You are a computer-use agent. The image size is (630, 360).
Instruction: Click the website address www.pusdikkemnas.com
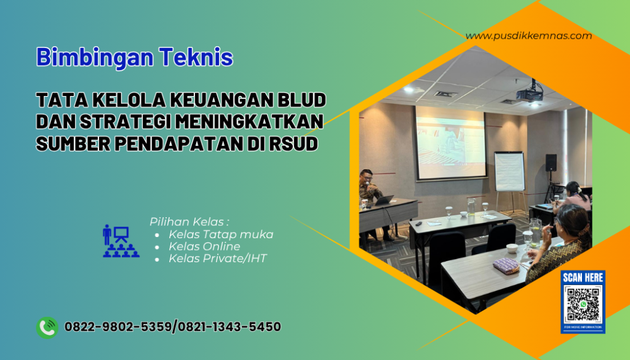pos(528,36)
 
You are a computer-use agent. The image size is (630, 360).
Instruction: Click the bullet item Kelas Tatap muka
pos(221,234)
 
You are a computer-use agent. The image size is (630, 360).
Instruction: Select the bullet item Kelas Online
pos(204,246)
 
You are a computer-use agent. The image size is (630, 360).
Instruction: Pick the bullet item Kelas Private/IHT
pos(218,258)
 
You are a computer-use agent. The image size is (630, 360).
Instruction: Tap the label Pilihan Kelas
pos(189,222)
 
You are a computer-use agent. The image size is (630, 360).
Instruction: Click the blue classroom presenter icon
pos(121,241)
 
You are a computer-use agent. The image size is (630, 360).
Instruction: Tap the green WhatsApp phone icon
pos(47,327)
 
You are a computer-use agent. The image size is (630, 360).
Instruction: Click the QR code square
pos(582,305)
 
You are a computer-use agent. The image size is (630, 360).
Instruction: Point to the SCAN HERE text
pos(582,278)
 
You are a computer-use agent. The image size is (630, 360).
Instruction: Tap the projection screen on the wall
pos(451,142)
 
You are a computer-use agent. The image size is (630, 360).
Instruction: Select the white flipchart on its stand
pos(509,172)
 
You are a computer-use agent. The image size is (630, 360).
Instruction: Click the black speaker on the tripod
pos(551,162)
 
